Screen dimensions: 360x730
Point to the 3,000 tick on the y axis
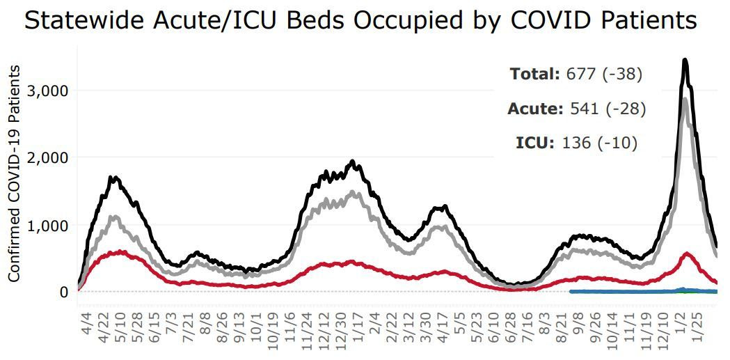click(48, 91)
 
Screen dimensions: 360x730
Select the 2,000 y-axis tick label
click(48, 157)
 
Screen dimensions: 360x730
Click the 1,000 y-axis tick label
click(48, 225)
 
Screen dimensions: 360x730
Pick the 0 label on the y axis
click(63, 292)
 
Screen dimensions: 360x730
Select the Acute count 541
click(583, 109)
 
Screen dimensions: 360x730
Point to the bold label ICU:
click(535, 143)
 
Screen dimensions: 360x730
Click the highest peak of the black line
click(685, 61)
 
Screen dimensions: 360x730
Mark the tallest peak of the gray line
click(685, 100)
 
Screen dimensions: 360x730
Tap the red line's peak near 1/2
click(688, 254)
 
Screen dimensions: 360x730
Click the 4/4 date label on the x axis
click(86, 326)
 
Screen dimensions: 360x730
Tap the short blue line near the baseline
click(626, 291)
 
